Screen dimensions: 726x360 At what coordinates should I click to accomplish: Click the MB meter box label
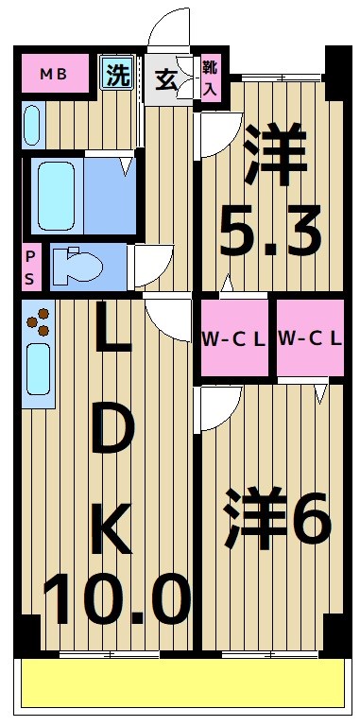pyautogui.click(x=53, y=74)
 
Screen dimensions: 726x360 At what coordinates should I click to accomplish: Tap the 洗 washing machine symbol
pyautogui.click(x=118, y=74)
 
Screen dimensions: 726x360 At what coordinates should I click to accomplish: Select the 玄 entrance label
pyautogui.click(x=164, y=80)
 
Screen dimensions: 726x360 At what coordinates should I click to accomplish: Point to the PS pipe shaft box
pyautogui.click(x=31, y=268)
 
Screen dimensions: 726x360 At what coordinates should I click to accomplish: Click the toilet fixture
pyautogui.click(x=75, y=267)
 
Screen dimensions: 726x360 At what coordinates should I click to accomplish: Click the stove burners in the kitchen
pyautogui.click(x=40, y=324)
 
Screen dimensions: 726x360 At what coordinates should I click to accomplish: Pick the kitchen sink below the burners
pyautogui.click(x=38, y=369)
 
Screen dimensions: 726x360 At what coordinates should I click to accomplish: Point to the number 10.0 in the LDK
pyautogui.click(x=115, y=597)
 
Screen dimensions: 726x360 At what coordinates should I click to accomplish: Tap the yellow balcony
pyautogui.click(x=180, y=683)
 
